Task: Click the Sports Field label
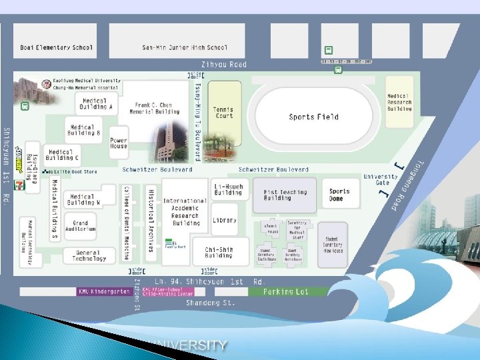pos(313,117)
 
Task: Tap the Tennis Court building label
pos(224,113)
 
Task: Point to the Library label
pos(225,220)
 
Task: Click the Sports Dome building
pos(339,195)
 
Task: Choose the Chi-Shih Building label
pos(218,252)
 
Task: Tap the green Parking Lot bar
pos(286,291)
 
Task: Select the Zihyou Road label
pos(228,65)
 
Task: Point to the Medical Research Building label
pos(399,102)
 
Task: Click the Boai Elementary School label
pos(56,47)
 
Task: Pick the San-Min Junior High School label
pos(185,47)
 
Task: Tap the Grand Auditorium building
pos(81,226)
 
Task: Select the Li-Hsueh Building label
pos(228,189)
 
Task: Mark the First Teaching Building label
pos(286,195)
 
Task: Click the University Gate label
pos(381,180)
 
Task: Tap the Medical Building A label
pos(96,104)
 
